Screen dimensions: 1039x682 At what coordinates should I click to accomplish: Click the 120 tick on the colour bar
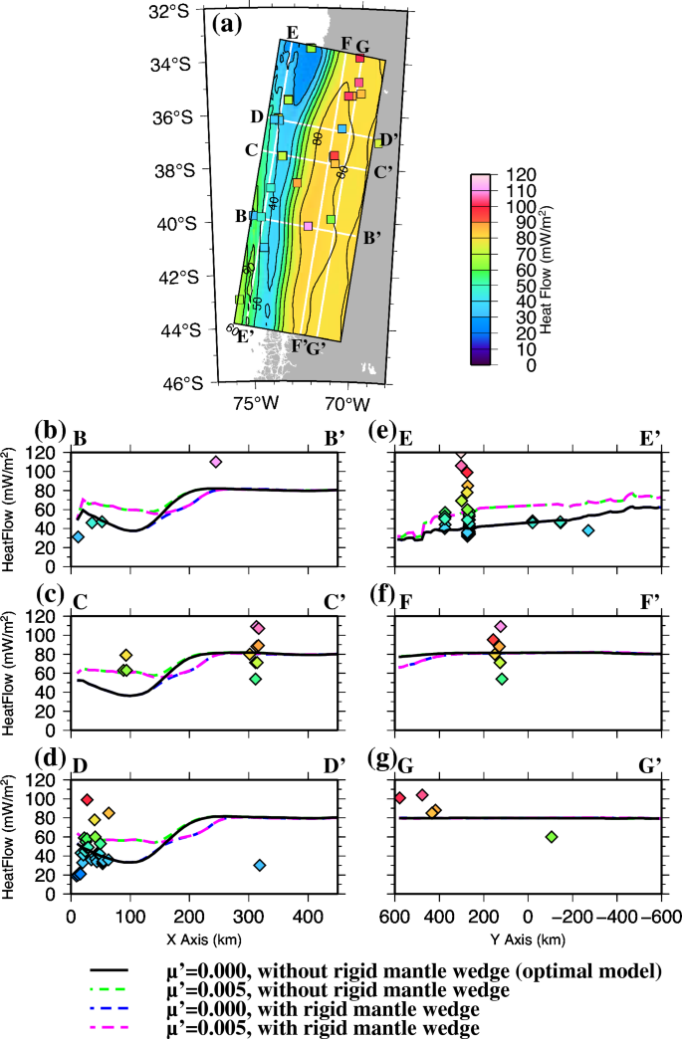click(523, 174)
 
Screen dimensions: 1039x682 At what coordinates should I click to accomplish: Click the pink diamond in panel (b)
click(216, 462)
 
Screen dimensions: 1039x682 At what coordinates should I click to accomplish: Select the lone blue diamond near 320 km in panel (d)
click(260, 865)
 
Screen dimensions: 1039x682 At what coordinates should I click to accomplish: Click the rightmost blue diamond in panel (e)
click(588, 530)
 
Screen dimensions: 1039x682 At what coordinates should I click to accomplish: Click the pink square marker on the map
click(308, 226)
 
